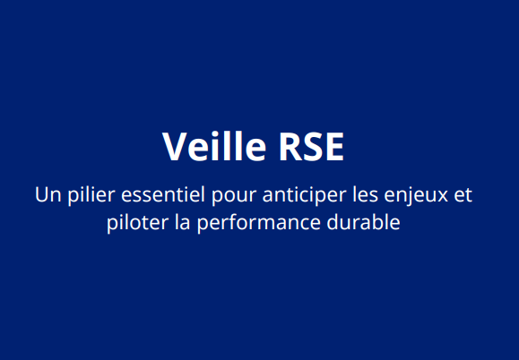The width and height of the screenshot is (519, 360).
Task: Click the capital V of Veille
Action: click(174, 147)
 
